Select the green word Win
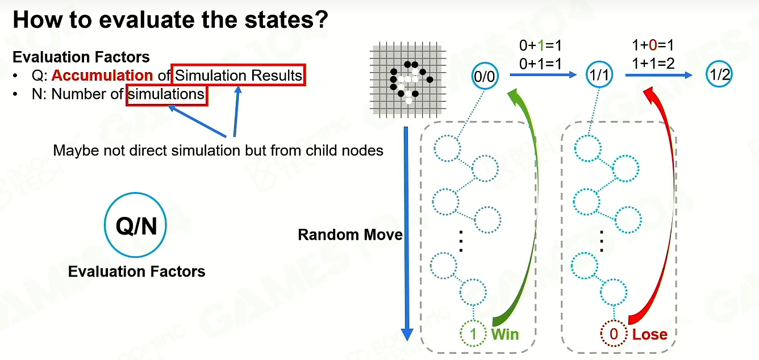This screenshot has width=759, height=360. (505, 334)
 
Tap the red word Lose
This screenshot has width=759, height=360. (650, 334)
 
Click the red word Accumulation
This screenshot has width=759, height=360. (102, 75)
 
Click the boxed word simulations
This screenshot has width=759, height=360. (166, 94)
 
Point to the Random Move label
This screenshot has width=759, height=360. (350, 235)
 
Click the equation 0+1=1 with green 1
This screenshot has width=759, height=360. (540, 45)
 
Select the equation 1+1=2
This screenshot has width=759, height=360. (653, 64)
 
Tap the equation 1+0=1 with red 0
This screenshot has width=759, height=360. (653, 45)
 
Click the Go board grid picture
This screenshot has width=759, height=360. (408, 80)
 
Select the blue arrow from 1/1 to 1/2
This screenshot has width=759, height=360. (658, 75)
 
